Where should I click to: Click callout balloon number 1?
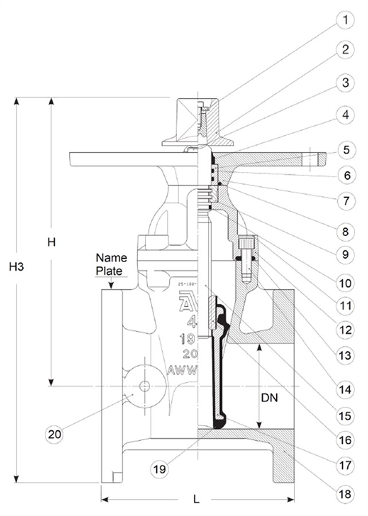click(x=345, y=22)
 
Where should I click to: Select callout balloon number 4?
click(x=345, y=115)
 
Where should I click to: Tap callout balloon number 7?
click(x=345, y=202)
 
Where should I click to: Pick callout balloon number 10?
click(x=345, y=283)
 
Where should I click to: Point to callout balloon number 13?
click(x=345, y=356)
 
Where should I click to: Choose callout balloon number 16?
click(x=345, y=440)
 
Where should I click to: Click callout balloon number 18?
click(x=345, y=492)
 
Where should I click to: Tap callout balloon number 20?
click(x=54, y=434)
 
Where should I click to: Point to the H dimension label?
click(x=51, y=242)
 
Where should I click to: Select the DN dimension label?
click(x=269, y=397)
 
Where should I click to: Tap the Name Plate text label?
click(x=111, y=263)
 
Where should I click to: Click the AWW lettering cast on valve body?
click(x=182, y=370)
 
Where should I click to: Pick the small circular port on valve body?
click(x=144, y=386)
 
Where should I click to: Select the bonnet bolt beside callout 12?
click(x=247, y=260)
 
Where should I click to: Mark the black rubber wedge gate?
click(x=218, y=367)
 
